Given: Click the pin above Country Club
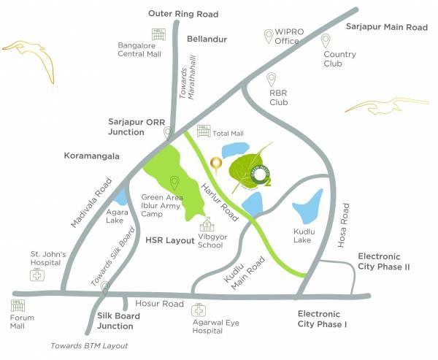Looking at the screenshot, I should point(326,42).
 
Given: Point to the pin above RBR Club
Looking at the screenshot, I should point(272,80).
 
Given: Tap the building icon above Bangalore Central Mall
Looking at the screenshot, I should point(157,34).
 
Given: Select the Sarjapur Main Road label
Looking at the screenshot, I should point(386,27).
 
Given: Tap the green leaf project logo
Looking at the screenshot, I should point(253,172).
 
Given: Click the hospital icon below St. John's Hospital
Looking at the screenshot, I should point(36,275).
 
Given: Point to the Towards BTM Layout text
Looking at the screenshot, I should point(89,345).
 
